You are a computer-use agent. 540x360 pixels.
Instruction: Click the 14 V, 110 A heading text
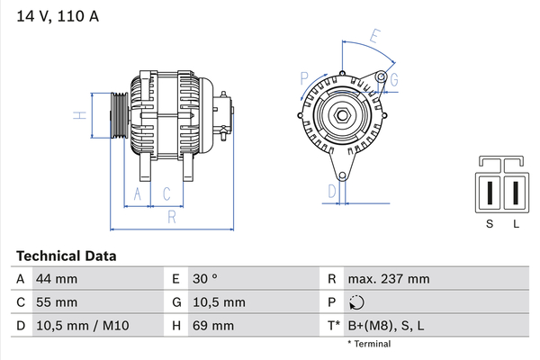(x=58, y=16)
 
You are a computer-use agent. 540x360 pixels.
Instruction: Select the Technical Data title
(x=66, y=256)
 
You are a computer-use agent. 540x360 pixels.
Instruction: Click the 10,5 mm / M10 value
(x=83, y=326)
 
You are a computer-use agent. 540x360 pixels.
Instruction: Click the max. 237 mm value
(x=389, y=279)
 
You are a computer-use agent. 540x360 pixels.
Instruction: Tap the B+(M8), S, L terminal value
(x=386, y=326)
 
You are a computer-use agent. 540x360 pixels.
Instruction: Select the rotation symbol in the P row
(x=356, y=302)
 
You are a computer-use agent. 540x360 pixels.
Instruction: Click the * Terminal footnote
(x=369, y=344)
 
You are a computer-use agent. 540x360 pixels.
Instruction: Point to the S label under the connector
(x=490, y=224)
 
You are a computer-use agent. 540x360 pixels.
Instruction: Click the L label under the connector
(x=516, y=224)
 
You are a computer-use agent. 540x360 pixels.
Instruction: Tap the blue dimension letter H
(x=80, y=115)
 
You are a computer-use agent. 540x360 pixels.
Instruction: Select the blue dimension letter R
(x=172, y=217)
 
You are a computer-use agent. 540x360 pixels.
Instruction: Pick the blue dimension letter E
(x=375, y=36)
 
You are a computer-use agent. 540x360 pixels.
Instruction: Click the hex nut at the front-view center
(x=342, y=115)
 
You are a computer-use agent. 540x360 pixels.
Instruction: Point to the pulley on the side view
(x=120, y=115)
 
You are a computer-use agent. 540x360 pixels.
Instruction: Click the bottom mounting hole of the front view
(x=342, y=176)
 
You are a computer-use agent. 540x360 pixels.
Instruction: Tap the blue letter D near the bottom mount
(x=332, y=192)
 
